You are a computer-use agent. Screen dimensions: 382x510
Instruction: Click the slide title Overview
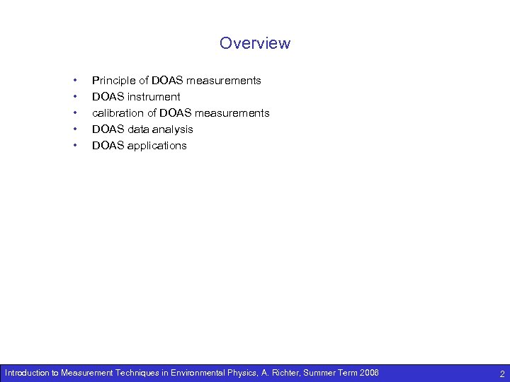tap(255, 43)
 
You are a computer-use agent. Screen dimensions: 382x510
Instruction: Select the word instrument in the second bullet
tap(154, 97)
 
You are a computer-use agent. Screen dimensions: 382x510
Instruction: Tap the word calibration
tap(118, 113)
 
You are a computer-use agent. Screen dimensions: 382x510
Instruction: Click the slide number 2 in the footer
tap(501, 374)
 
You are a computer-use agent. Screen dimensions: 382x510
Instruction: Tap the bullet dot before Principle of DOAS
tap(75, 81)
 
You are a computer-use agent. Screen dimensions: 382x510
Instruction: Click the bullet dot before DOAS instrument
tap(75, 97)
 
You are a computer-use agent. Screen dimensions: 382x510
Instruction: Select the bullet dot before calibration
tap(75, 113)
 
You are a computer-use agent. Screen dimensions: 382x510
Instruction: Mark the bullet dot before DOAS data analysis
tap(75, 129)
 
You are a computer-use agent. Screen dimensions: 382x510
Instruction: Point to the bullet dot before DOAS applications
tap(75, 146)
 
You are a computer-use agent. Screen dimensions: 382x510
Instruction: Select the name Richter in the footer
tap(283, 373)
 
